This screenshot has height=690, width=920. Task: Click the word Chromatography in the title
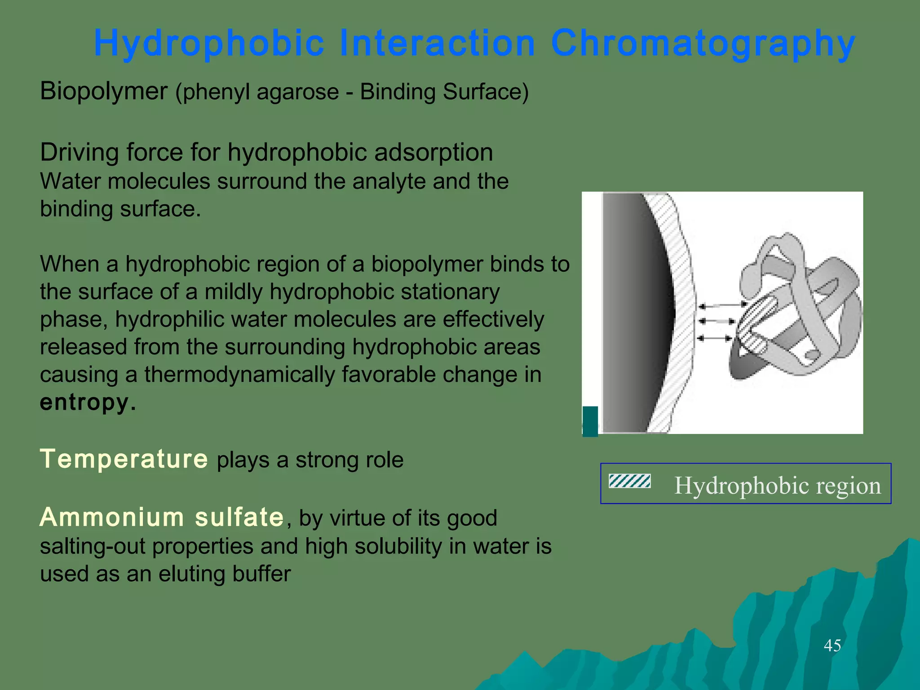[703, 44]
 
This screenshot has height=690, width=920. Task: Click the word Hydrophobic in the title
[209, 44]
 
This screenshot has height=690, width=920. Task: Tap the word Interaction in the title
[438, 44]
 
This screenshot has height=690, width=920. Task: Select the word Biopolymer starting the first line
[103, 91]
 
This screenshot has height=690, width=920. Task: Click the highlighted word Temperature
[124, 459]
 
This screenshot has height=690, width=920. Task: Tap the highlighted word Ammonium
[112, 517]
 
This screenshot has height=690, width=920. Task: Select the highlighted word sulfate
[239, 517]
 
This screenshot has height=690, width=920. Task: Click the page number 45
[832, 646]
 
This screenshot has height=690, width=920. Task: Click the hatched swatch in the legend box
[629, 481]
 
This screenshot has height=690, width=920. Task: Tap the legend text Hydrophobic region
[777, 486]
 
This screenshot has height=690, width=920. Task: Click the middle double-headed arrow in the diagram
[717, 322]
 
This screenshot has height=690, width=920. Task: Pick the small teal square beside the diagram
[590, 421]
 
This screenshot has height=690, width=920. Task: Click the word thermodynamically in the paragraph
[239, 375]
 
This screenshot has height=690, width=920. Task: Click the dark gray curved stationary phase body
[633, 314]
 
